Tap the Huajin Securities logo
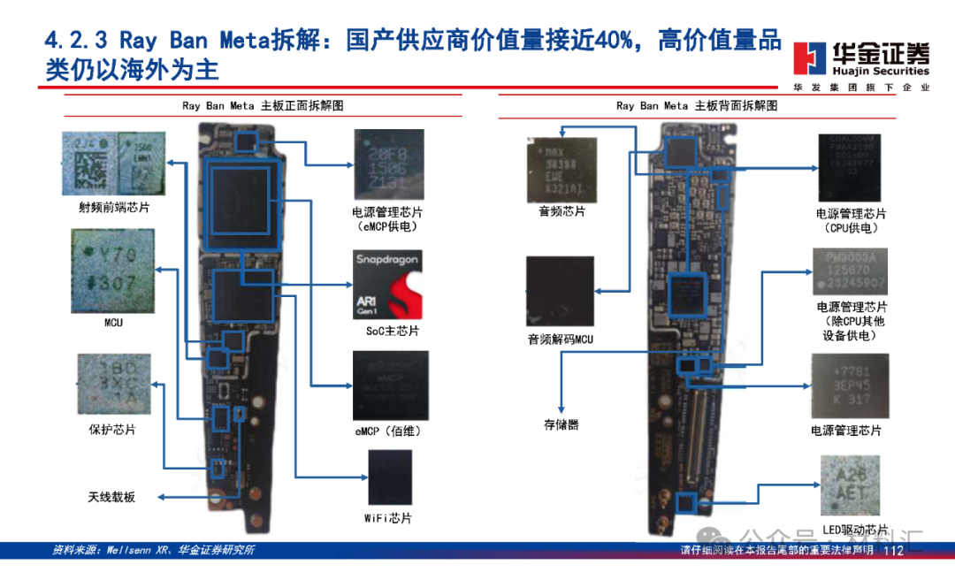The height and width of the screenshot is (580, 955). [x=860, y=60]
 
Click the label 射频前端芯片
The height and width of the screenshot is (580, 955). [x=114, y=209]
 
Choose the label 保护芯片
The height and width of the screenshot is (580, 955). [x=112, y=430]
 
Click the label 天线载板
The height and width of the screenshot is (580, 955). [x=111, y=497]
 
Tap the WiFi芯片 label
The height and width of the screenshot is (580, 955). [x=388, y=518]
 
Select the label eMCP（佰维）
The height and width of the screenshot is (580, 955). [x=388, y=431]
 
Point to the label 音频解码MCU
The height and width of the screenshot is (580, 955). [x=561, y=340]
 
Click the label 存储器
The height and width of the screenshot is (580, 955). [x=562, y=424]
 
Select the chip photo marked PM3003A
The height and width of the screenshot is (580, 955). [x=850, y=271]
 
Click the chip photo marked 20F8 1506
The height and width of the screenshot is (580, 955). [x=388, y=164]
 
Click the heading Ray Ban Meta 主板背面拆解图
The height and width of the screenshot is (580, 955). [x=697, y=105]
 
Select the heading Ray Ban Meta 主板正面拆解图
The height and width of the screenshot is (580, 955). [x=263, y=105]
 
